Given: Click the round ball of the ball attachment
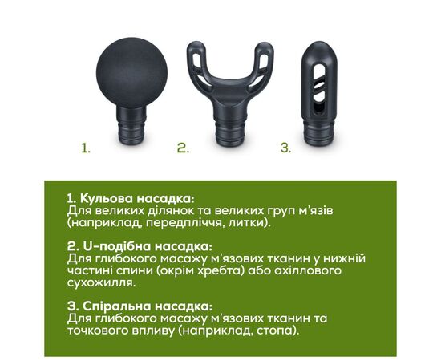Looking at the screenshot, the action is (131, 73).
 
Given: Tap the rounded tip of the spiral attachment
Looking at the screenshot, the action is (319, 52).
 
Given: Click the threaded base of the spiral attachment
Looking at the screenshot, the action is (319, 133).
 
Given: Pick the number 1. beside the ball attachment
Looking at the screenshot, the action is (86, 148).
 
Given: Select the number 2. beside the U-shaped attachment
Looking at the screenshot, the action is (183, 148).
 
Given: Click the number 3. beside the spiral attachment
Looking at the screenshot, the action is (285, 148).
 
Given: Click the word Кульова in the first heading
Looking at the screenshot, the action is (107, 199).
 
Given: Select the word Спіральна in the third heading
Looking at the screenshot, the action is (117, 306).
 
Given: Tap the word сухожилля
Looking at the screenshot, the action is (101, 283).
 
